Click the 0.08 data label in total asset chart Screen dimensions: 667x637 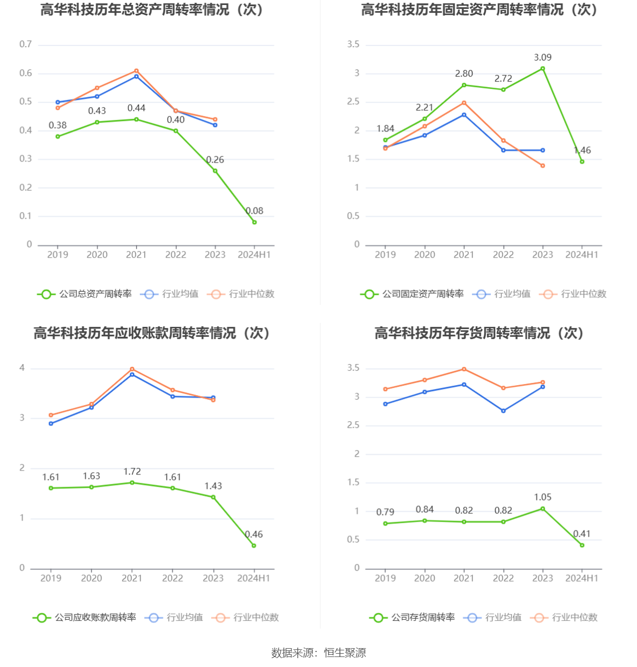coord(254,211)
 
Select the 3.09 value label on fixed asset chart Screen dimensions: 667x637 coord(543,58)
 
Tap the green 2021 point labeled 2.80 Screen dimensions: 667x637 coord(464,85)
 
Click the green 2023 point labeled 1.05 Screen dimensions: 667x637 coord(543,509)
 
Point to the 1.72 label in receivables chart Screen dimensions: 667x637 coord(132,472)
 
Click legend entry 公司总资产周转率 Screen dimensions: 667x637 coord(84,294)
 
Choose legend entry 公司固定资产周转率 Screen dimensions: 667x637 coord(412,294)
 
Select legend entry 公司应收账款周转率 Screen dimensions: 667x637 coord(84,618)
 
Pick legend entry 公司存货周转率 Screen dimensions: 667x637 coord(412,618)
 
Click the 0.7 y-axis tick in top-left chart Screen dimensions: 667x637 coord(26,44)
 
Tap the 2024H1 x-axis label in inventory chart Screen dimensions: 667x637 coord(581,578)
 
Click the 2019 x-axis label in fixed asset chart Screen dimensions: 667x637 coord(385,255)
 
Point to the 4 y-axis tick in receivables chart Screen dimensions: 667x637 coord(22,368)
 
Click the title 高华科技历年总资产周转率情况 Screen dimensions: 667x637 coord(152,10)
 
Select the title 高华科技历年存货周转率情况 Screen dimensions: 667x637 coord(479,333)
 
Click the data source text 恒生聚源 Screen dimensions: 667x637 coord(345,653)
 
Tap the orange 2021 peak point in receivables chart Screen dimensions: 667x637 coord(132,369)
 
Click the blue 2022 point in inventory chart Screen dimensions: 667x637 coord(503,411)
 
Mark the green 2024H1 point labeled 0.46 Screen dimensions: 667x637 coord(254,545)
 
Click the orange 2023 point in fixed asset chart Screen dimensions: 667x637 coord(543,166)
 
